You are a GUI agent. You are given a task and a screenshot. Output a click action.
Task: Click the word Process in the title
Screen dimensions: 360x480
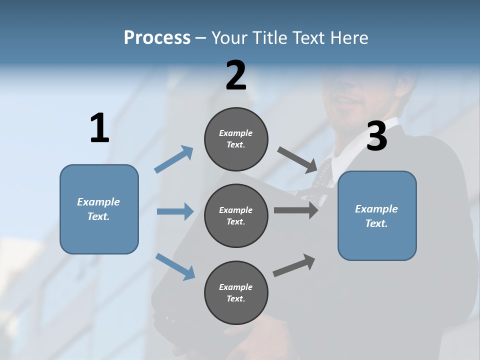(x=157, y=38)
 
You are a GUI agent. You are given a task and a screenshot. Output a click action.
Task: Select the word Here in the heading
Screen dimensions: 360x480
(x=349, y=38)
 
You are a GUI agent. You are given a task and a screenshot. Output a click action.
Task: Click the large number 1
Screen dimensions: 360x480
(x=99, y=128)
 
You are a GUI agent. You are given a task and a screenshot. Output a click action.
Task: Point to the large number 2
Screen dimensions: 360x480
(x=236, y=76)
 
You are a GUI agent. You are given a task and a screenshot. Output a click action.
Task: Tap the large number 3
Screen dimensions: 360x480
(x=376, y=136)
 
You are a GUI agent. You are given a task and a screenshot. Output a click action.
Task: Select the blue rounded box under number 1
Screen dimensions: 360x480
(x=99, y=209)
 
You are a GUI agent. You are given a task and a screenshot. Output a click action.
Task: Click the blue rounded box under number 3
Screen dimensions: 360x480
(x=377, y=216)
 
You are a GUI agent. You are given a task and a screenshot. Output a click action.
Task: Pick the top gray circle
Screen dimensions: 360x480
(x=236, y=139)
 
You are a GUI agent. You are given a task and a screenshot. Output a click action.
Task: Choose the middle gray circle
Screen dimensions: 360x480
(x=236, y=216)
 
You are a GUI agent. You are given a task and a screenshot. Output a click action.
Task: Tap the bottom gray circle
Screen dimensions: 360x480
(x=236, y=293)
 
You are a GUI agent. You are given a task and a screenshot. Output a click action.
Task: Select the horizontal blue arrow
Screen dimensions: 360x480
(x=175, y=211)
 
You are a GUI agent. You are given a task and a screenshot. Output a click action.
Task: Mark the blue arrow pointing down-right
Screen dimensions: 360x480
(x=175, y=266)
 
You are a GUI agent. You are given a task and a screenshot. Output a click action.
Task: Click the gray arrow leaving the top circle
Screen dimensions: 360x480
(x=297, y=159)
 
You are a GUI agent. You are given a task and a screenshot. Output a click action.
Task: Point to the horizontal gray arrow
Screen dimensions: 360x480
(x=296, y=210)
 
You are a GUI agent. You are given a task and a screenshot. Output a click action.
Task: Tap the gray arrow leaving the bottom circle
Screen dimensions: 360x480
(x=294, y=265)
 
